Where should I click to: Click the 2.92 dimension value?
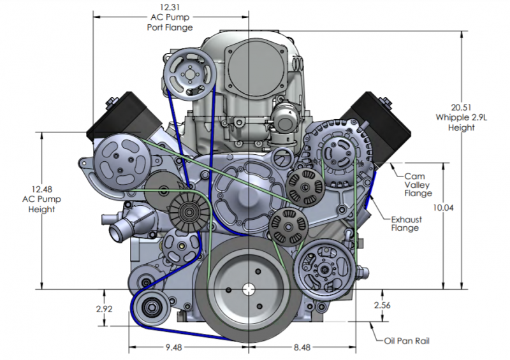104,309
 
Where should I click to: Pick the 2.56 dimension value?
382,305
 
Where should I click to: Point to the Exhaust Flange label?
406,224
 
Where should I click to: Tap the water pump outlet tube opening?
115,232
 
